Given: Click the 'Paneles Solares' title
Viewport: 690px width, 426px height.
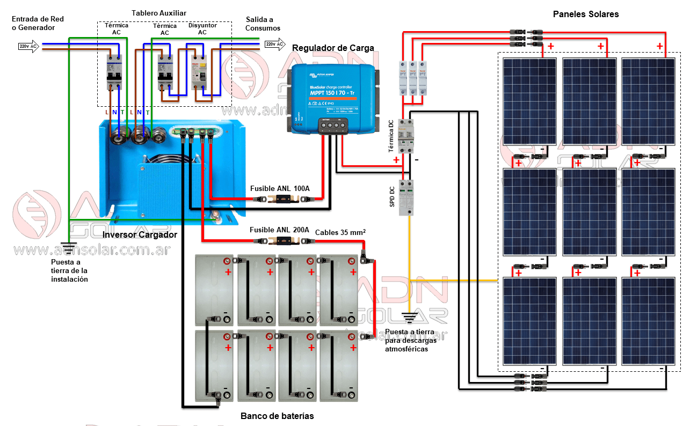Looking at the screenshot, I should (x=586, y=14).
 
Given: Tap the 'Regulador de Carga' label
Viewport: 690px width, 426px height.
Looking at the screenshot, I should (x=333, y=48).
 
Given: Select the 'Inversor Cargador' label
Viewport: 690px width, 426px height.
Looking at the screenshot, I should (x=140, y=235).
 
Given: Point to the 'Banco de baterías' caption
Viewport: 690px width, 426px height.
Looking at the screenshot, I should (x=277, y=416).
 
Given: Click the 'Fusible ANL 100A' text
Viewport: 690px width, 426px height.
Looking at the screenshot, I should (x=280, y=189).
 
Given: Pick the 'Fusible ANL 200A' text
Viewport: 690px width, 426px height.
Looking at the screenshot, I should (x=280, y=230).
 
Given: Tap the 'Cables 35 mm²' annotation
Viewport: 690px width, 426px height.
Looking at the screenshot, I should (x=340, y=232).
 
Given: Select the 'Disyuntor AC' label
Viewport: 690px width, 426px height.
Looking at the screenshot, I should (x=202, y=29).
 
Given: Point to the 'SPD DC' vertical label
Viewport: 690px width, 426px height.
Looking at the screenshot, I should (x=393, y=197).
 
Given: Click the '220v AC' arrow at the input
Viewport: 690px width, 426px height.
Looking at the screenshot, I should (x=28, y=47).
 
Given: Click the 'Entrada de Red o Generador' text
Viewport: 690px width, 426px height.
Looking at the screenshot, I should (x=38, y=24).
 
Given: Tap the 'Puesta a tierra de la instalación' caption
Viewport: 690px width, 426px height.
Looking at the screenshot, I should (x=69, y=270).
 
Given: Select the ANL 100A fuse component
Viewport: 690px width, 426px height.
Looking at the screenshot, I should (x=284, y=200).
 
